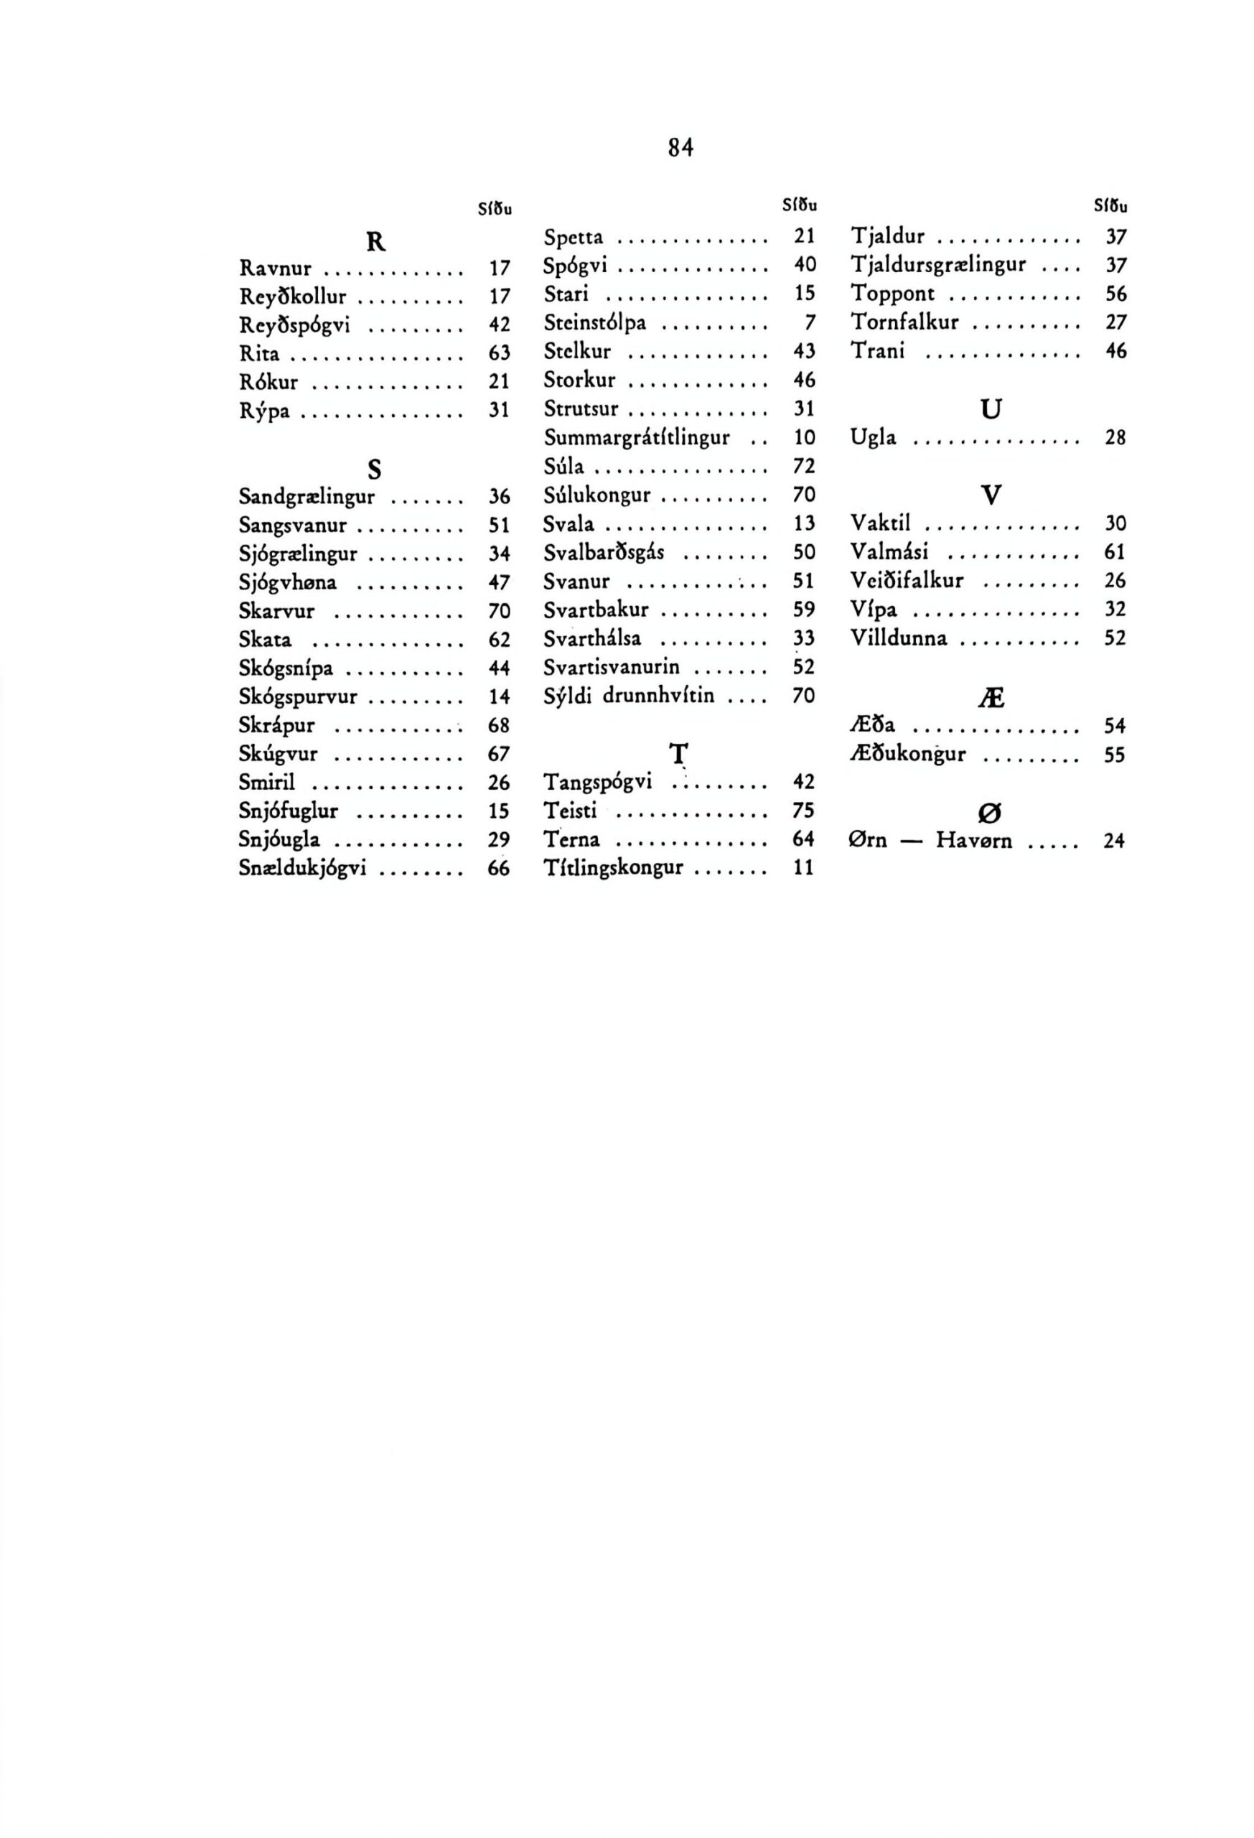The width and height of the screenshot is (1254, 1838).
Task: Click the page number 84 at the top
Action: coord(680,148)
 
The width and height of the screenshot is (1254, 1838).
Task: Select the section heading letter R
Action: coord(375,241)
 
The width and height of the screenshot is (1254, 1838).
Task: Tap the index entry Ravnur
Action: coord(275,269)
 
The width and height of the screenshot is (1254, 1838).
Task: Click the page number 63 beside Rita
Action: coord(499,353)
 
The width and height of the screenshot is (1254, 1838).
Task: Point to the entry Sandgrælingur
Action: coord(307,498)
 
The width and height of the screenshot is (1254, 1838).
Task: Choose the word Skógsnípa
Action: coord(286,669)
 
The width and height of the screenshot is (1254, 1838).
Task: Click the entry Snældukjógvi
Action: coord(302,869)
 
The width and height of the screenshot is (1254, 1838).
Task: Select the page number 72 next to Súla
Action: coord(803,467)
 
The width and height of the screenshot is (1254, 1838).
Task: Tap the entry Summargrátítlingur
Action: coord(637,438)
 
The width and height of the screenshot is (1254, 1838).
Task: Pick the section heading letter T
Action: coord(678,753)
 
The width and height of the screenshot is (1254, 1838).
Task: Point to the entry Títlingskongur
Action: coord(613,869)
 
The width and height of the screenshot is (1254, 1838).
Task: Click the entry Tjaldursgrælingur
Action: coord(938,265)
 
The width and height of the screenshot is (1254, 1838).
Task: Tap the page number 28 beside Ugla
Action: coord(1115,438)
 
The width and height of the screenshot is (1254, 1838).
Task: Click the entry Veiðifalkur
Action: coord(907,582)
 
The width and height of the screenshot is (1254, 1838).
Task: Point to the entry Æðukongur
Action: coord(908,755)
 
